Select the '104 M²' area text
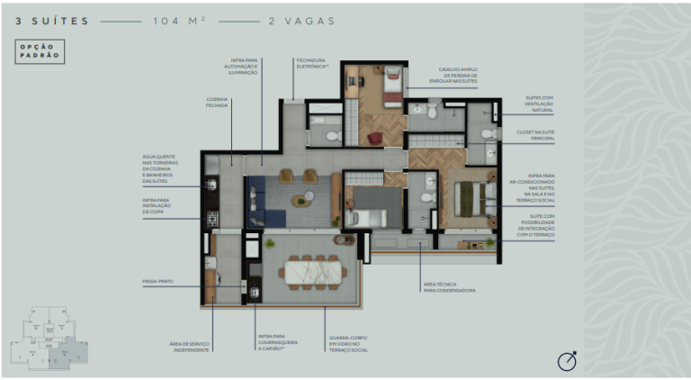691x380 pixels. [180, 19]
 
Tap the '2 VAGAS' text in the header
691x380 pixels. [301, 19]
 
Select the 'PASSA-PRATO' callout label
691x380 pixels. [157, 282]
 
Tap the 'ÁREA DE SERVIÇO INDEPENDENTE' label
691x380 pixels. [190, 347]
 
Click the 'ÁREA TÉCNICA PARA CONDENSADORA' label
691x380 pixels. [449, 287]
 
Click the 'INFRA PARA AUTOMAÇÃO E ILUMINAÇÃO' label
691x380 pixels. [243, 66]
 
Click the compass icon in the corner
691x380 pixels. [567, 360]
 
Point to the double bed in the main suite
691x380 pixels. [469, 198]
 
